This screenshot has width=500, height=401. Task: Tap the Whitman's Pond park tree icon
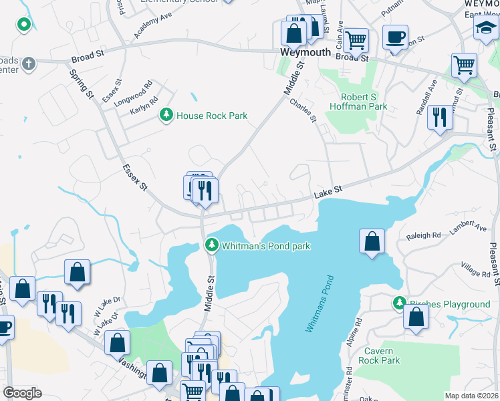click(212, 246)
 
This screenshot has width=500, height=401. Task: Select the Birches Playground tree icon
click(400, 304)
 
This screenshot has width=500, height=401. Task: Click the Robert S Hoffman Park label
click(358, 101)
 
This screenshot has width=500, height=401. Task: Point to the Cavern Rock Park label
click(382, 356)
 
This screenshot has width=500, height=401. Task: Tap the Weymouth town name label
click(305, 52)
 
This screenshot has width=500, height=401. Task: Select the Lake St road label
click(328, 191)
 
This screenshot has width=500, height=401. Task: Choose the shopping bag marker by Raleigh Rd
click(372, 241)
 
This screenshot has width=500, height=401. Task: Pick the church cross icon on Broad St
click(28, 64)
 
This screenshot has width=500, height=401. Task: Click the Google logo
click(22, 393)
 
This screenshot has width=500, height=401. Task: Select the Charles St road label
click(303, 111)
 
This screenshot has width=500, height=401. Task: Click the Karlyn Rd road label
click(144, 105)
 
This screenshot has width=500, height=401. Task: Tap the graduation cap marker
click(485, 27)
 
